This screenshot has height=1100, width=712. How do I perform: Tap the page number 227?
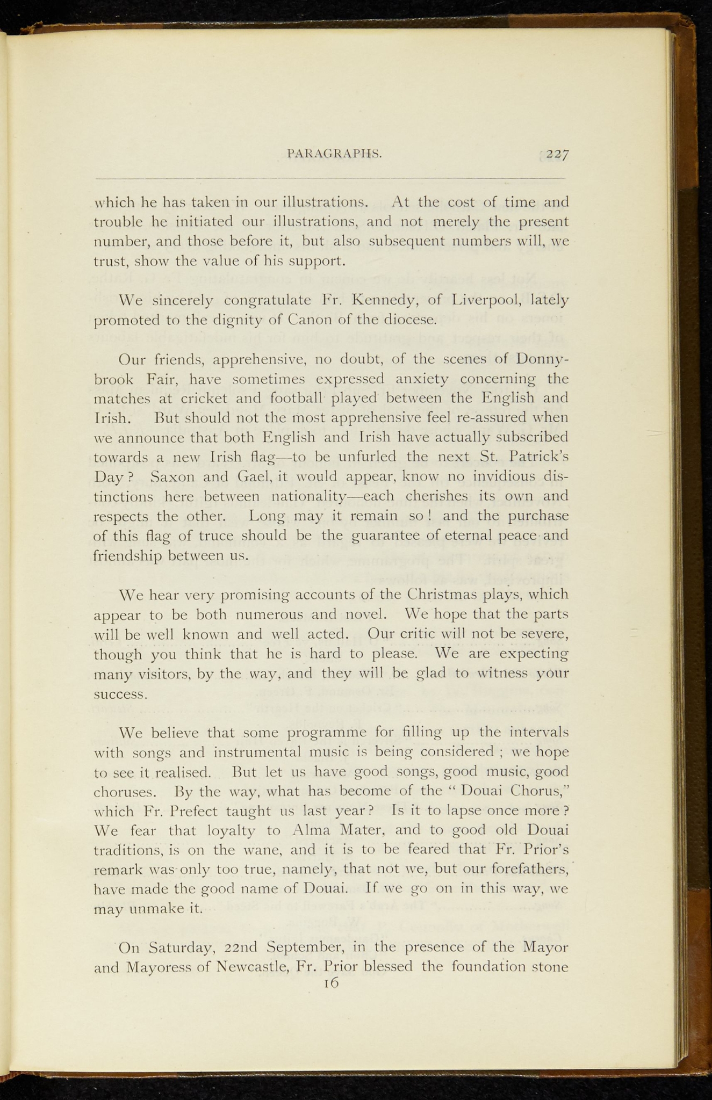pyautogui.click(x=558, y=154)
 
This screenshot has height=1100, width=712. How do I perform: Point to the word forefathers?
pyautogui.click(x=523, y=869)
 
